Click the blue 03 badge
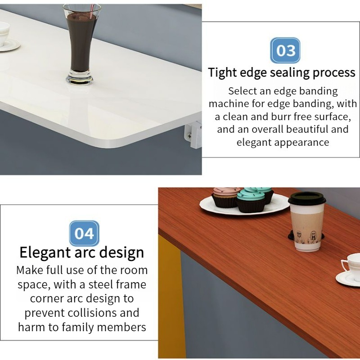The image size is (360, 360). point(285,50)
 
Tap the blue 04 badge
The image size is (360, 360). point(84,233)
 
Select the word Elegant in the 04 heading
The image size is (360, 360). point(45,252)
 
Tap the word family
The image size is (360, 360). point(78,327)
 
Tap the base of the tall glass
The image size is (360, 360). point(80,77)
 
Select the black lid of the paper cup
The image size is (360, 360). point(307,198)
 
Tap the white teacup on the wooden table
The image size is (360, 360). point(351,266)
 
